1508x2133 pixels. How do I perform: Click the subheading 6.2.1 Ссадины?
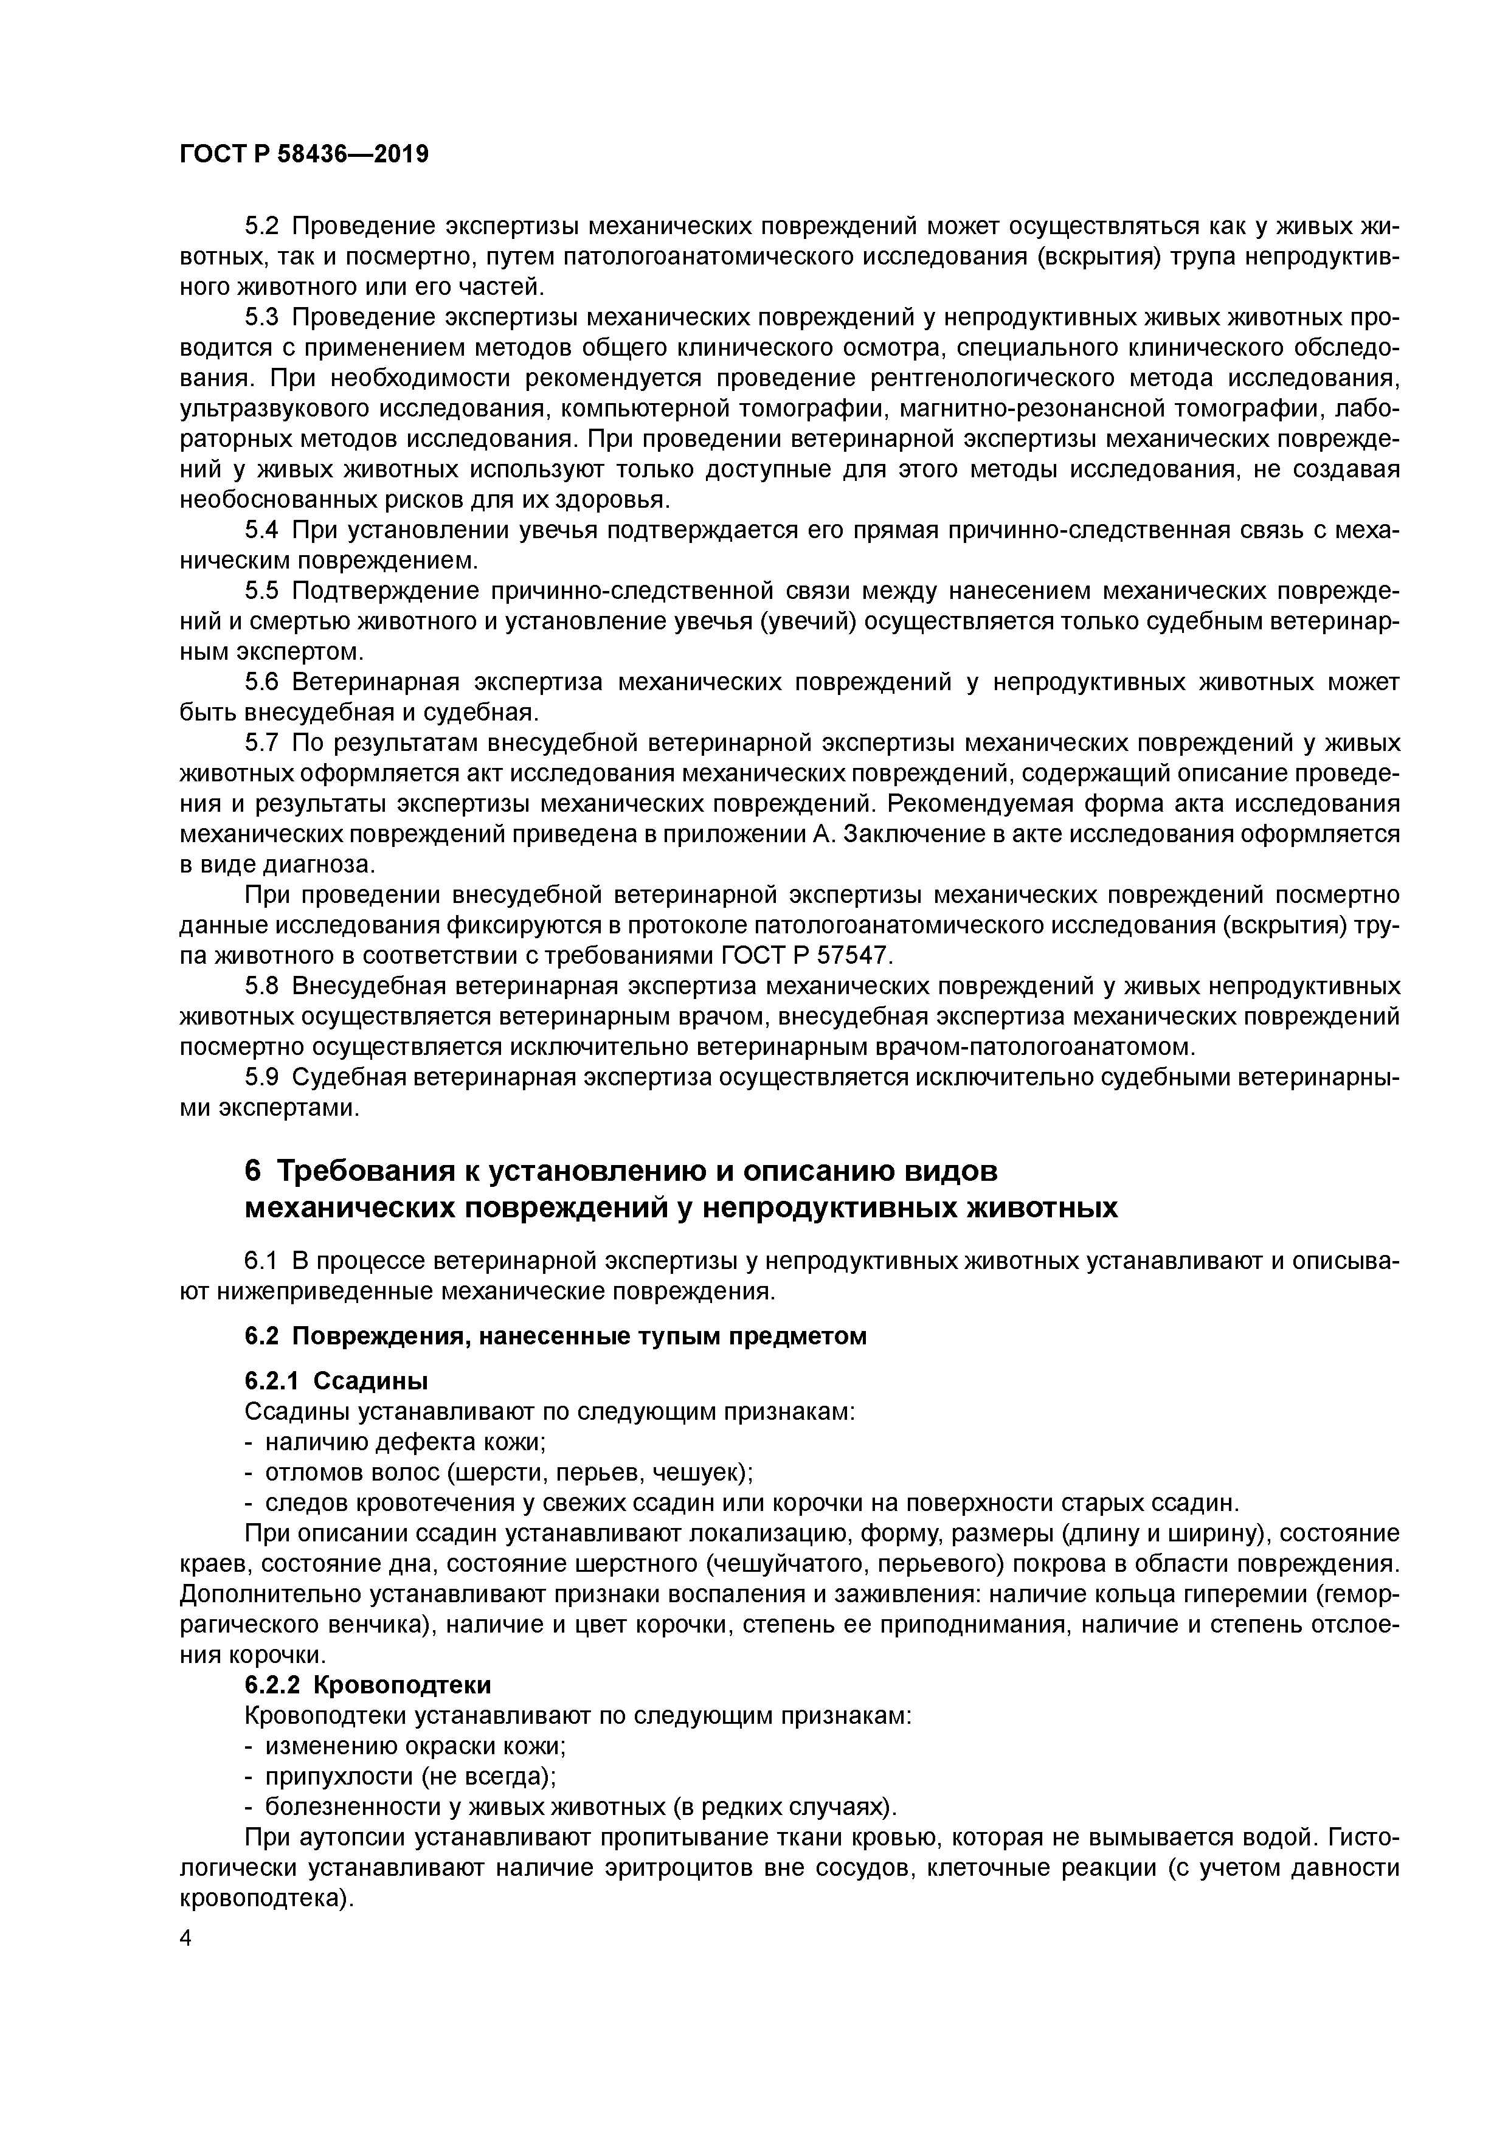tap(336, 1381)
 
